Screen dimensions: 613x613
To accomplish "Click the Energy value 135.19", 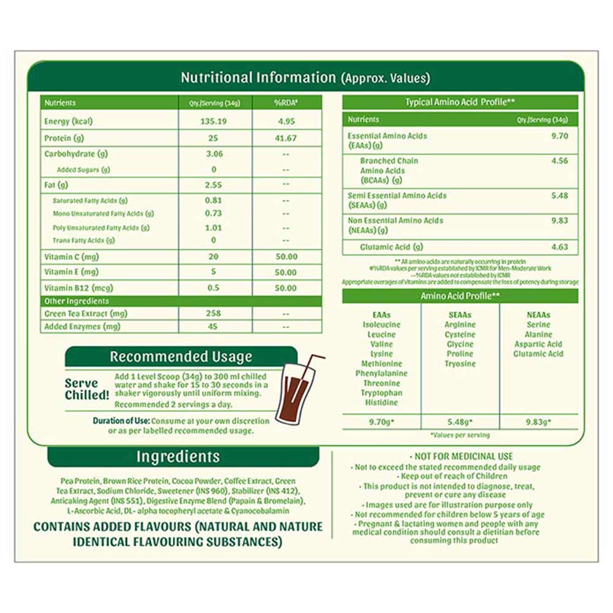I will [214, 121].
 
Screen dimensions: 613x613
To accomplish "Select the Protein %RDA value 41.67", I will [286, 139].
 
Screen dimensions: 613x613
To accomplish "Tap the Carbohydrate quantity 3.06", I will [214, 154].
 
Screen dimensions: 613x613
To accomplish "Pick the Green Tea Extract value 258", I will [214, 314].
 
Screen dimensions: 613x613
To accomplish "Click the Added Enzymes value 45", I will [214, 327].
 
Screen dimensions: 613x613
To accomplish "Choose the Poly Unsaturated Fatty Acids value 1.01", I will [214, 227].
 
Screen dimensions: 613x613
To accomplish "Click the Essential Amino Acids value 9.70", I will [560, 135].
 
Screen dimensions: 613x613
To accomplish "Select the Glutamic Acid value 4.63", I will [560, 248].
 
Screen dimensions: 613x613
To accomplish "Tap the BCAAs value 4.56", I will [560, 161].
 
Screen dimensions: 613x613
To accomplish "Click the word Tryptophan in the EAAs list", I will [381, 393].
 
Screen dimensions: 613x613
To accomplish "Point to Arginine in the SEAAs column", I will [460, 325].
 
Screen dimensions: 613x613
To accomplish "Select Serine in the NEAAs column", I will [538, 325].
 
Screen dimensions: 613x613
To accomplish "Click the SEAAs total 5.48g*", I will [460, 422].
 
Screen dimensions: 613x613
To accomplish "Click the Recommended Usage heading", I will [181, 357].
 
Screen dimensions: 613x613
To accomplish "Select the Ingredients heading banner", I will [178, 457].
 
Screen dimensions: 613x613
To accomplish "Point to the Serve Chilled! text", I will [87, 389].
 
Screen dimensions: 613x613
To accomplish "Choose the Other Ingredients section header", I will [77, 301].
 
